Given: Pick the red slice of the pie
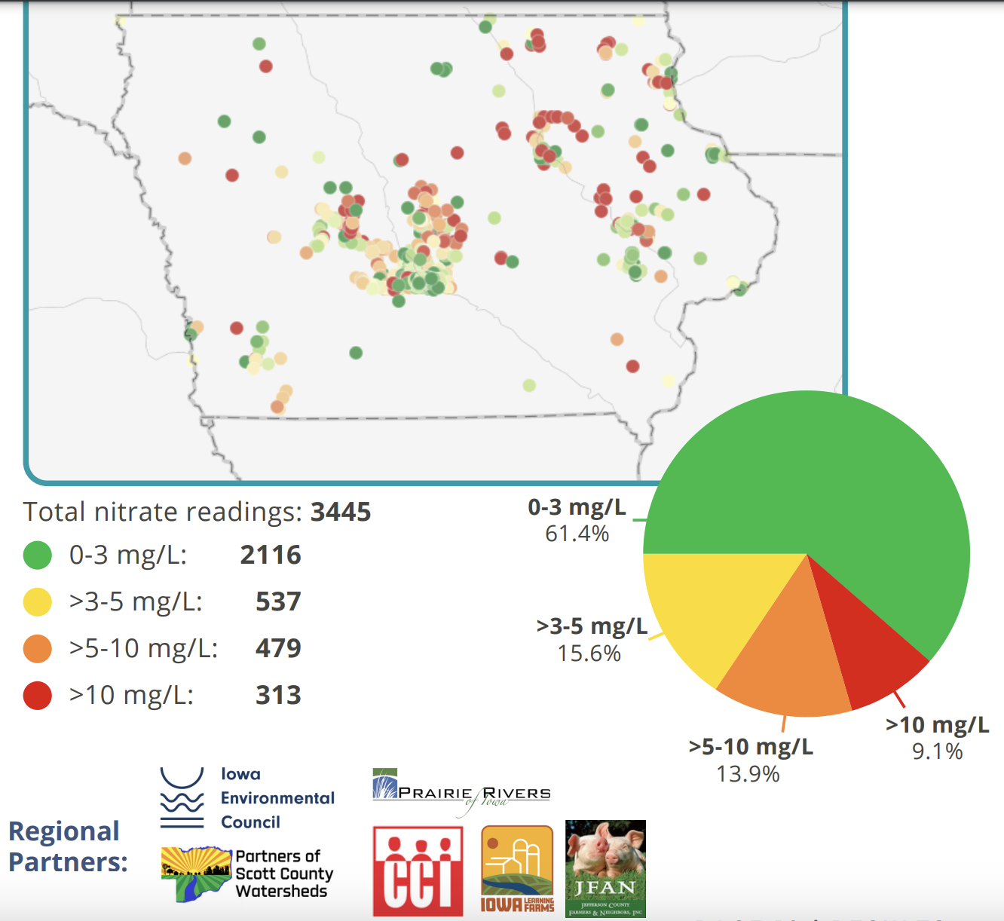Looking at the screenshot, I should tap(867, 648).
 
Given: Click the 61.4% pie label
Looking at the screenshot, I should tap(577, 534).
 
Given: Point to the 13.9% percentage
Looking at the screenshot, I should tap(748, 774).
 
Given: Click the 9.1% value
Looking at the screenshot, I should tap(937, 751).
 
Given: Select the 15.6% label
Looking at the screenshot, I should tap(589, 653).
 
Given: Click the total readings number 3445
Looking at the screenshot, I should tap(341, 512).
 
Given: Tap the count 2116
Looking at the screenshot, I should tap(271, 555).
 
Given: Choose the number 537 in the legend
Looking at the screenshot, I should tap(278, 602).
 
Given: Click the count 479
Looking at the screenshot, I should tap(278, 648).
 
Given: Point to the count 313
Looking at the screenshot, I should tap(278, 695).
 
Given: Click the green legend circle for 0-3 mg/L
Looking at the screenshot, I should tap(38, 555).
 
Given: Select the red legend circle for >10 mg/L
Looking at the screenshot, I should tap(38, 695).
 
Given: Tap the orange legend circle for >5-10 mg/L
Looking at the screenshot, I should tap(38, 648).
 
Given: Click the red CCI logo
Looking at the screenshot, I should tap(418, 871).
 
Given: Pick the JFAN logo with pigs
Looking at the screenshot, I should tap(605, 868).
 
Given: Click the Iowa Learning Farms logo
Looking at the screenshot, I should tap(517, 869).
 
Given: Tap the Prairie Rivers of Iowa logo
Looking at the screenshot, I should tap(461, 791).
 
